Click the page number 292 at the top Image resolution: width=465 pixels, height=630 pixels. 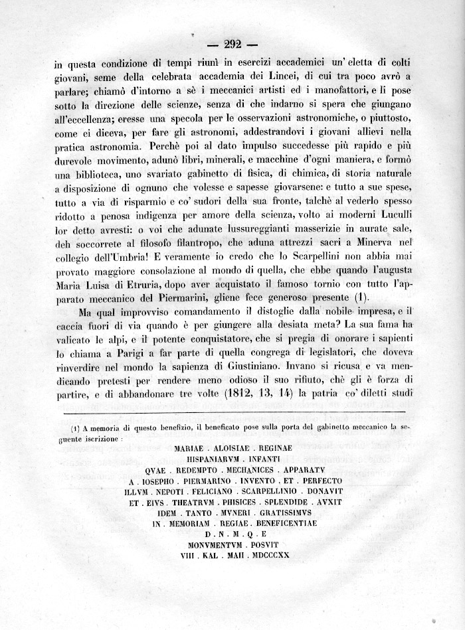[232, 45]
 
